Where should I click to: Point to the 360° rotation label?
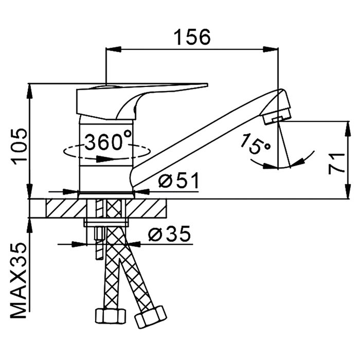(107, 141)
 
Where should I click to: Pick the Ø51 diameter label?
(177, 181)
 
